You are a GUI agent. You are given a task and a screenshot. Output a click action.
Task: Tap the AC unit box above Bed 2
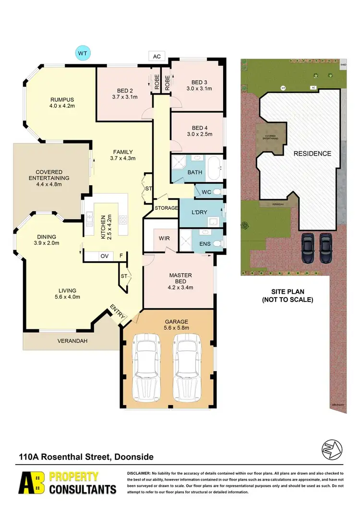(x=156, y=56)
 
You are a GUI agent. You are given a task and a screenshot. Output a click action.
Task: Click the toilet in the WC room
(x=217, y=192)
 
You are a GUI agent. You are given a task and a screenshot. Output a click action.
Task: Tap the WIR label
(x=159, y=238)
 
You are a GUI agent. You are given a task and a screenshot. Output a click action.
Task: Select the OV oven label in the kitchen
(x=104, y=256)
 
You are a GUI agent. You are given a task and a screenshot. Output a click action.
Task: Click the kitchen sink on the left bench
(x=89, y=220)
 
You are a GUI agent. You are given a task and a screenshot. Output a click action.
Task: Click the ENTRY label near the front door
(x=118, y=311)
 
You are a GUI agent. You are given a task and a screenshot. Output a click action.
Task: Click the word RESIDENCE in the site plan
(x=312, y=154)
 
